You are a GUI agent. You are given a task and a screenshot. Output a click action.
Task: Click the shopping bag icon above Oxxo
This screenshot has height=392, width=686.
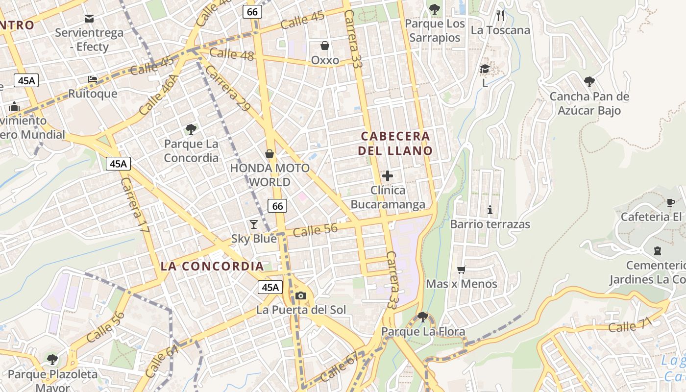(324, 46)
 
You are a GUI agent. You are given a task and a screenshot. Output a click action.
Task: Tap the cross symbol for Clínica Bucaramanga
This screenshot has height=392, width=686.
(388, 176)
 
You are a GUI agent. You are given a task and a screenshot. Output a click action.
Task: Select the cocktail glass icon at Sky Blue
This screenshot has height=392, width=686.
(254, 224)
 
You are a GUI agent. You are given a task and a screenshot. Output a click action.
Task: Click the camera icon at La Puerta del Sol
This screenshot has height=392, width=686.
(301, 295)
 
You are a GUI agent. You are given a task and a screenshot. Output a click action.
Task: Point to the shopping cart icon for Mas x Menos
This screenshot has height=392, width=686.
(461, 269)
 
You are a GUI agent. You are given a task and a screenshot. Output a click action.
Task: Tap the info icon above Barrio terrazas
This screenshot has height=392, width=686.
(490, 210)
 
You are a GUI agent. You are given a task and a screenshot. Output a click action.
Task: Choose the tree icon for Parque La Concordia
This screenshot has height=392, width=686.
(191, 129)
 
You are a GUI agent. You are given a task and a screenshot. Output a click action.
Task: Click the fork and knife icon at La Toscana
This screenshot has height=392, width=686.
(500, 16)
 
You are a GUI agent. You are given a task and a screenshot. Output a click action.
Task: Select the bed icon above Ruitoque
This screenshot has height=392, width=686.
(93, 79)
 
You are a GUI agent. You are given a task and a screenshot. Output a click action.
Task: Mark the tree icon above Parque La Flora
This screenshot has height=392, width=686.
(423, 317)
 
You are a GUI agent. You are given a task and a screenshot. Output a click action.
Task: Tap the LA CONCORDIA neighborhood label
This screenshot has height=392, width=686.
(212, 267)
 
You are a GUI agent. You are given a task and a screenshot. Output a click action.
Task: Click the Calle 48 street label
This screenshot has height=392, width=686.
(231, 54)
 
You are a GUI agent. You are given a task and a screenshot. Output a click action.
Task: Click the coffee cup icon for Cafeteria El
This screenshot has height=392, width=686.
(671, 202)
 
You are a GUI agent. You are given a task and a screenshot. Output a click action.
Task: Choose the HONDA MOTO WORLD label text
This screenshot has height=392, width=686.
(269, 175)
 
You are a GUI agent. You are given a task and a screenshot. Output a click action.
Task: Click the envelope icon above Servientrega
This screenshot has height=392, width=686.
(89, 19)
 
